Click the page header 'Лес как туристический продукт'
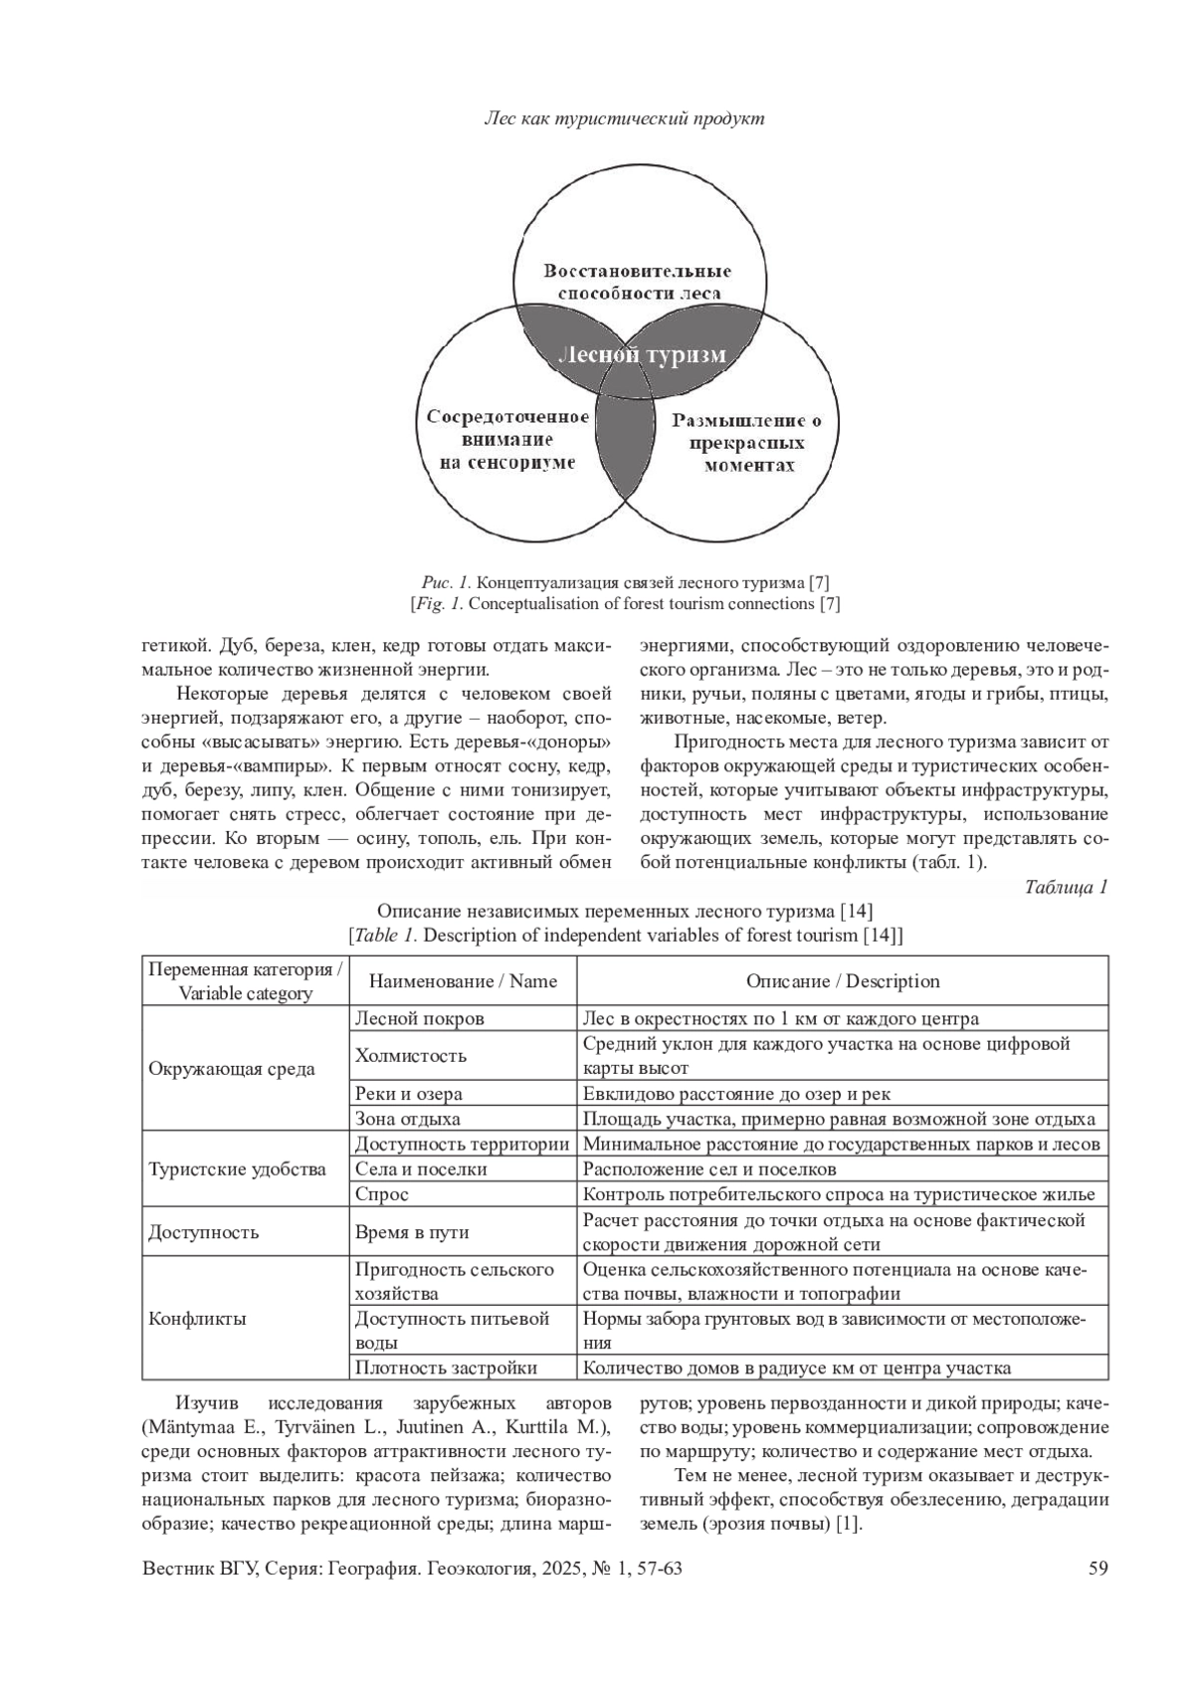pos(624,119)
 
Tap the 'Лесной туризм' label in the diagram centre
pos(642,355)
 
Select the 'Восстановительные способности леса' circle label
pos(638,283)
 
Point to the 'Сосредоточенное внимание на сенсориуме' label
pos(507,440)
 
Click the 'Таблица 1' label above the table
pos(1066,888)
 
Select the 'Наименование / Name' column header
pos(463,981)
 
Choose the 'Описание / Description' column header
pos(843,981)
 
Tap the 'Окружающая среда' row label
pos(232,1069)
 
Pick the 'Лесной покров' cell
pos(420,1018)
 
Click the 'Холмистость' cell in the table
pos(411,1056)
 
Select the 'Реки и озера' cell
pos(409,1094)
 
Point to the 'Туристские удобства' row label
pos(237,1169)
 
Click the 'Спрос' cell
pos(382,1194)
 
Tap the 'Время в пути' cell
pos(412,1232)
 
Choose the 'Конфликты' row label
pos(197,1320)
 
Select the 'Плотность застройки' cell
pos(446,1369)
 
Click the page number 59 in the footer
pos(1098,1570)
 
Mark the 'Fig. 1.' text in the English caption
pos(438,604)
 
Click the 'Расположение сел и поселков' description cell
pos(709,1169)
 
